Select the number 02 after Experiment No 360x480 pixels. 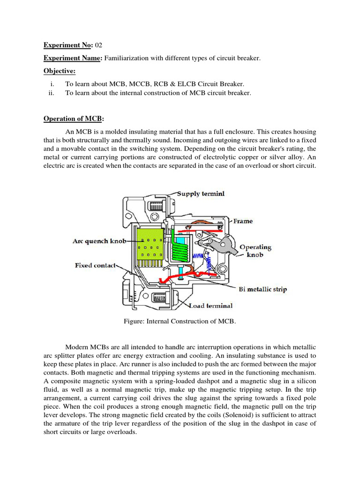pos(98,45)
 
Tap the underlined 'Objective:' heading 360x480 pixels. pos(60,71)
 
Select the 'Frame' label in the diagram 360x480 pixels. pos(243,221)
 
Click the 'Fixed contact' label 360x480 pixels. pos(95,265)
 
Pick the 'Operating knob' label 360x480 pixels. pos(255,250)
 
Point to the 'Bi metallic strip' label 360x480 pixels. pos(262,289)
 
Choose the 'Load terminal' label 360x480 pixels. pos(210,306)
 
